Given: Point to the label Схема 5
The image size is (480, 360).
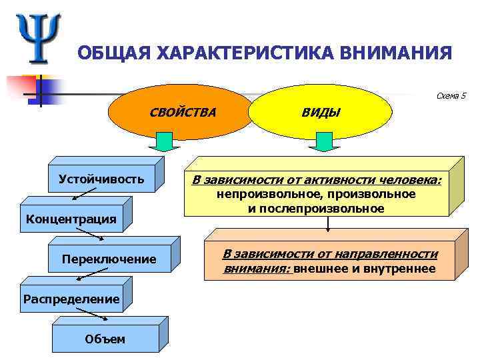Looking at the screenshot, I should pos(451,96).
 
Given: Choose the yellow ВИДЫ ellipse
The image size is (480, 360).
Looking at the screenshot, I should pos(321,112).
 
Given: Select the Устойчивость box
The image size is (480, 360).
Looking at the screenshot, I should pos(101,179).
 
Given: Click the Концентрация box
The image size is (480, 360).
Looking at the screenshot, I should pos(71,219).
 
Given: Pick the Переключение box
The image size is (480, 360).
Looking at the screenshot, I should pos(109,258).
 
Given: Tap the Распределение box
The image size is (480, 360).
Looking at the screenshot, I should pos(71,299).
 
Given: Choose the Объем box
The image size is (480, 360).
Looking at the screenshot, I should pos(105,339).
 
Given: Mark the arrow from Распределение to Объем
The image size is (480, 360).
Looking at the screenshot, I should pos(82,314).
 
